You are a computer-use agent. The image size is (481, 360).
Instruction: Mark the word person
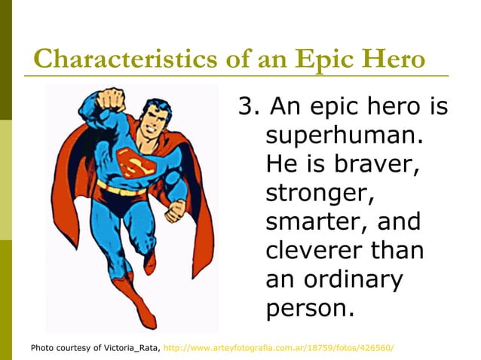309,307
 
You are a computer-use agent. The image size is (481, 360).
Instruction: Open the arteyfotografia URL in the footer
278,348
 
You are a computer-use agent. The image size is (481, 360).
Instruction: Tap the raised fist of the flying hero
113,99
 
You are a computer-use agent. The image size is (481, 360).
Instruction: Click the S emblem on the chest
134,160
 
